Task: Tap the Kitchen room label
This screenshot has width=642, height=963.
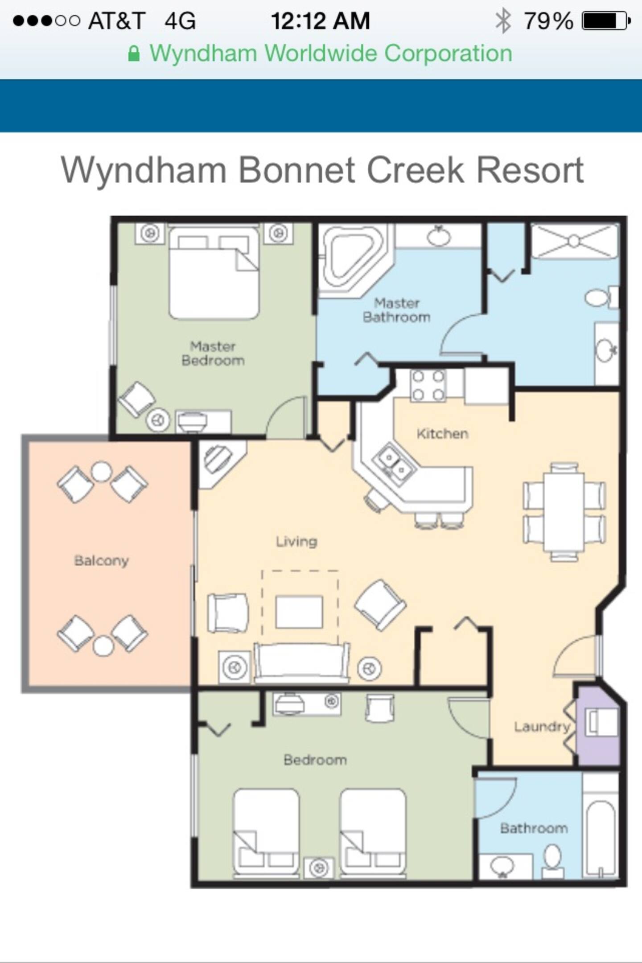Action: pos(442,433)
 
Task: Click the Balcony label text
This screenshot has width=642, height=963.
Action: pos(101,560)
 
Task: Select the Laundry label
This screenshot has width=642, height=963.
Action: pos(542,727)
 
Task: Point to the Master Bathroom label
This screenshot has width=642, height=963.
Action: pos(396,310)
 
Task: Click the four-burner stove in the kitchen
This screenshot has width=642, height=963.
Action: pos(428,386)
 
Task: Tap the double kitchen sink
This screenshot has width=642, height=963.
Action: pos(395,463)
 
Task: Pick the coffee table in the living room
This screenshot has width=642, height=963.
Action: pos(299,612)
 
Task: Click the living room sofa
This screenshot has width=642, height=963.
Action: pos(301,663)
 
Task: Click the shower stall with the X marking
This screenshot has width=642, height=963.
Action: pos(574,241)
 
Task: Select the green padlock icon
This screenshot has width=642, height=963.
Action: pos(134,53)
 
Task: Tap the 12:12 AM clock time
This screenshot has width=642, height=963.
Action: pos(320,21)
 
